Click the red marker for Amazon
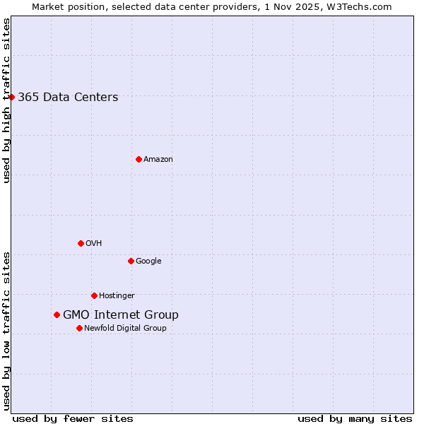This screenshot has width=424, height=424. pos(139,159)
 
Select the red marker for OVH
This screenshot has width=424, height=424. pos(81,243)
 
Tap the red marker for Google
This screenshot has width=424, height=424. pos(131,261)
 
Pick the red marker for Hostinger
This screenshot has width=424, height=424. pos(94,295)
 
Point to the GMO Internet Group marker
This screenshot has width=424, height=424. pos(57,314)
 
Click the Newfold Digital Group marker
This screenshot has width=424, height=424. pos(79,328)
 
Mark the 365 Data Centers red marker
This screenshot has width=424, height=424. pos(12,97)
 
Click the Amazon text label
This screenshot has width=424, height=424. pos(158,160)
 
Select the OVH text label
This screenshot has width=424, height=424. pos(94,244)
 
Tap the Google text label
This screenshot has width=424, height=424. pos(148,261)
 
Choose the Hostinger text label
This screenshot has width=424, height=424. pos(117,296)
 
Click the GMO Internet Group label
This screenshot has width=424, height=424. pos(121,315)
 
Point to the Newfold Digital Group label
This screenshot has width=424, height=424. pos(125,329)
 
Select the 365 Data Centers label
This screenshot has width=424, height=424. pos(68,98)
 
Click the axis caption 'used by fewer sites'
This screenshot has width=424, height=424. pos(73,418)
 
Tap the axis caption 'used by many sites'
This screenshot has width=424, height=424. pos(355,418)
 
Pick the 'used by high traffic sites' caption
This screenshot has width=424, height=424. pos(6,100)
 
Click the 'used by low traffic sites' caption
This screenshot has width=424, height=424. pos(6,331)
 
